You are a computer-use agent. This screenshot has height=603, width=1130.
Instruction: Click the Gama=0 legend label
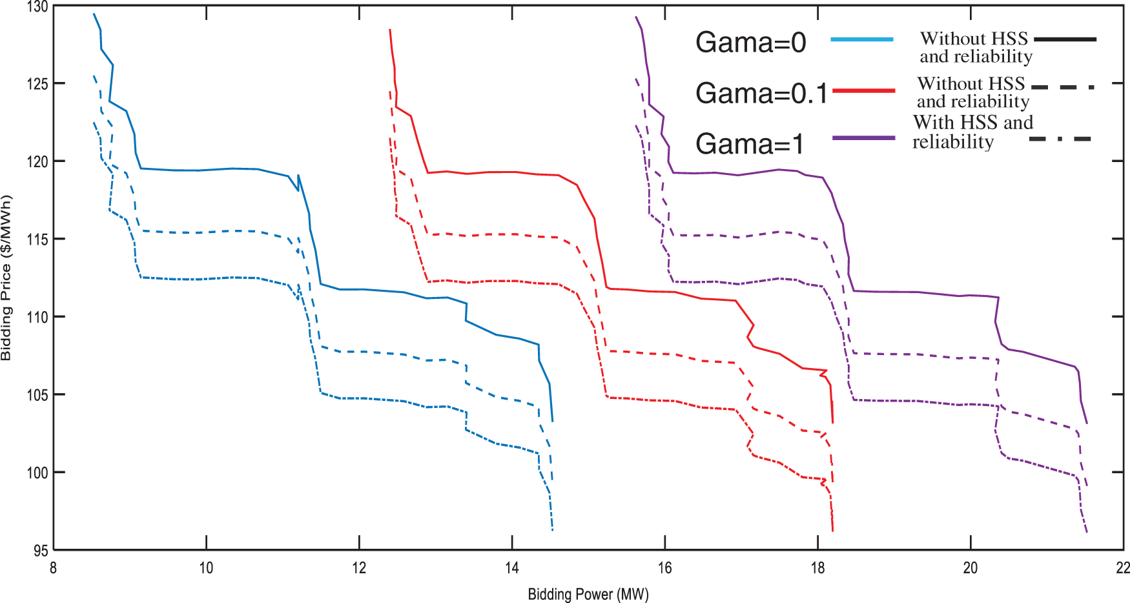[750, 43]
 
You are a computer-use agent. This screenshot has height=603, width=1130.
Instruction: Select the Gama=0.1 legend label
[761, 94]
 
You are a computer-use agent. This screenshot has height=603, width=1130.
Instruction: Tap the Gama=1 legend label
[750, 144]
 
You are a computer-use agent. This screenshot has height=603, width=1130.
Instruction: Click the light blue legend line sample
[862, 39]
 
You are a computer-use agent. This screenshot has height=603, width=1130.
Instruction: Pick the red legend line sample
[864, 91]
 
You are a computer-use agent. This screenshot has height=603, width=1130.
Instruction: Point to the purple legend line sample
[864, 138]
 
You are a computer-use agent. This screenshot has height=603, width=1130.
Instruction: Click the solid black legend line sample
[1065, 39]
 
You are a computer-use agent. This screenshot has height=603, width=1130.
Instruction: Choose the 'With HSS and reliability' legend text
[972, 132]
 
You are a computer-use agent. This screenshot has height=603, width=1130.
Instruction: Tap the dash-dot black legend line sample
[1060, 139]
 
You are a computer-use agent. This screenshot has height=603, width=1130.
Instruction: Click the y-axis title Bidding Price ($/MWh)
[6, 278]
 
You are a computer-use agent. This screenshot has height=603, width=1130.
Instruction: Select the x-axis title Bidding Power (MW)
[588, 594]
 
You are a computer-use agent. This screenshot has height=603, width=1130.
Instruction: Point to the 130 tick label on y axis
[37, 7]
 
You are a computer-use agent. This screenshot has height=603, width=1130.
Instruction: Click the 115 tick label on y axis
[37, 240]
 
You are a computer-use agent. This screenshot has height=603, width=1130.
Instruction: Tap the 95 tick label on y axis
[41, 551]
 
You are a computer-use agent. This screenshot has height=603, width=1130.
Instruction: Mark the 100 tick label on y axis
[37, 473]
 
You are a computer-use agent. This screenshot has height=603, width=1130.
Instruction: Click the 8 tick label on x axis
[53, 567]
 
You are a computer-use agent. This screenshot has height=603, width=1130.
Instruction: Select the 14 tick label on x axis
[511, 567]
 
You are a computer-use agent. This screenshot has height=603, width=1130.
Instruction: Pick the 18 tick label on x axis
[817, 567]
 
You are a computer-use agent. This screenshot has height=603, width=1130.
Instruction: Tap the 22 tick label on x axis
[1123, 567]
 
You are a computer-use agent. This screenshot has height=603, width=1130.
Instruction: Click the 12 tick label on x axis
[359, 567]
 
